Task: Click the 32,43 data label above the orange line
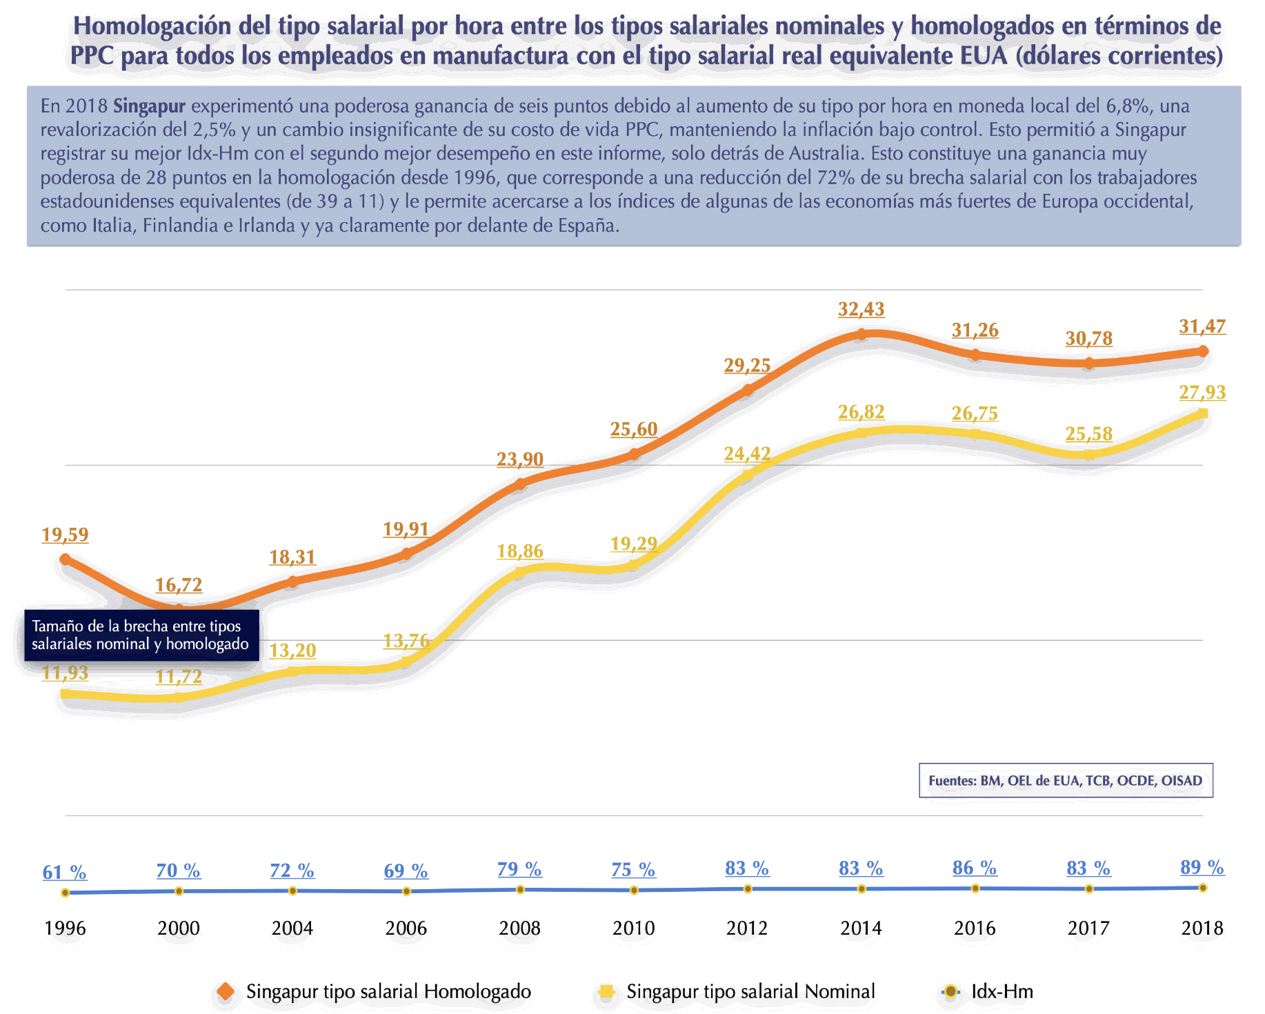coord(861,310)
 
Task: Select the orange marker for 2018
coord(1203,351)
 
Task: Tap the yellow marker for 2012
coord(748,475)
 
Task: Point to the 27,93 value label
coord(1202,392)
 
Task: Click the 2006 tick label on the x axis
coord(406,928)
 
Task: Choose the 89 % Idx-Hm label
coord(1202,867)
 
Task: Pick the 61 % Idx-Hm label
coord(65,873)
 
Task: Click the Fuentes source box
coord(1066,781)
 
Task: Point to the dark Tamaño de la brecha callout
coord(141,635)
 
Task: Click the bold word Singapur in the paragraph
coord(149,106)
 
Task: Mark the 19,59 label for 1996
coord(65,535)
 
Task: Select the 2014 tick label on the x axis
coord(861,928)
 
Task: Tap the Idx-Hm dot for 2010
coord(634,891)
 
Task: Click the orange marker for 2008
coord(520,484)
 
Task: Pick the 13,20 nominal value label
coord(292,651)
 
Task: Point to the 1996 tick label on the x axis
coord(65,928)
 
